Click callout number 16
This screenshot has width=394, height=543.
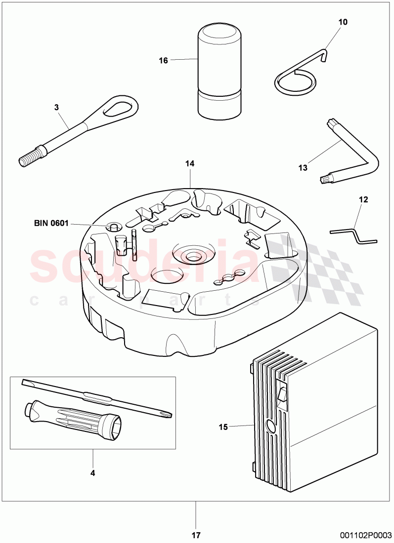[x=163, y=60]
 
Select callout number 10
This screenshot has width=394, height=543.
[x=343, y=22]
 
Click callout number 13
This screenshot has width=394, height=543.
[x=303, y=168]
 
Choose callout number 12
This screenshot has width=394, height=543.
[x=363, y=200]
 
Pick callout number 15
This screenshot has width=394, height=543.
[x=223, y=427]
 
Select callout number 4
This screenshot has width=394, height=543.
[x=92, y=473]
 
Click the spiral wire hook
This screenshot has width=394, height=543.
[x=296, y=79]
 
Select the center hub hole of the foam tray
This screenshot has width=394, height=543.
[x=192, y=256]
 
